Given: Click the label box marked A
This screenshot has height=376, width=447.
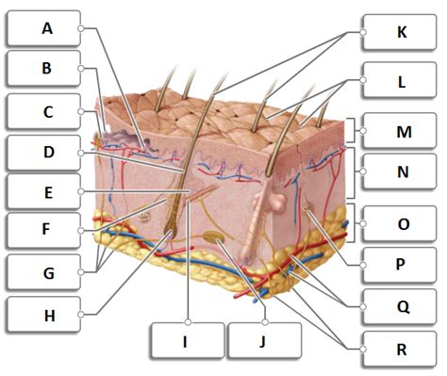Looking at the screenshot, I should (43, 28).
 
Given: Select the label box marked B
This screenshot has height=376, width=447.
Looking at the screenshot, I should (43, 69).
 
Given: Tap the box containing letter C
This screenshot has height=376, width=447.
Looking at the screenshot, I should (43, 110).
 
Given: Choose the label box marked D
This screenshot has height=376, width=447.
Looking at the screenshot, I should (43, 152).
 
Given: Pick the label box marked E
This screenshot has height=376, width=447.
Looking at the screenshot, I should (43, 191).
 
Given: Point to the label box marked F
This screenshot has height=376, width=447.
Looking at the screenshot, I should (43, 230).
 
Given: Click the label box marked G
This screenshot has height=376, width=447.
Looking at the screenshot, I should (43, 271).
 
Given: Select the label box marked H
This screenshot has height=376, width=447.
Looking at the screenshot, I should (43, 314).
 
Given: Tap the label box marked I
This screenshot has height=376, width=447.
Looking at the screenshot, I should (186, 342).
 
